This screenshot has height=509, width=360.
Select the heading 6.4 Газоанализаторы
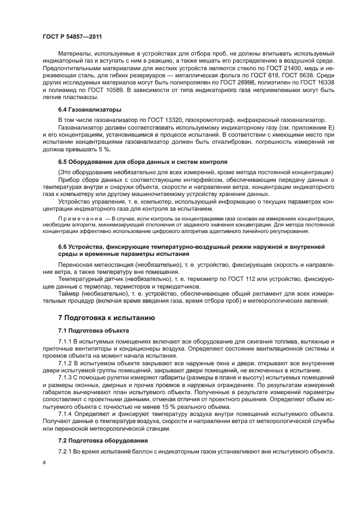pyautogui.click(x=90, y=109)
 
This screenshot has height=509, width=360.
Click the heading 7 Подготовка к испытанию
pyautogui.click(x=99, y=317)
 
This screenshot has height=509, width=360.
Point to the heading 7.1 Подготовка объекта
pyautogui.click(x=93, y=330)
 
